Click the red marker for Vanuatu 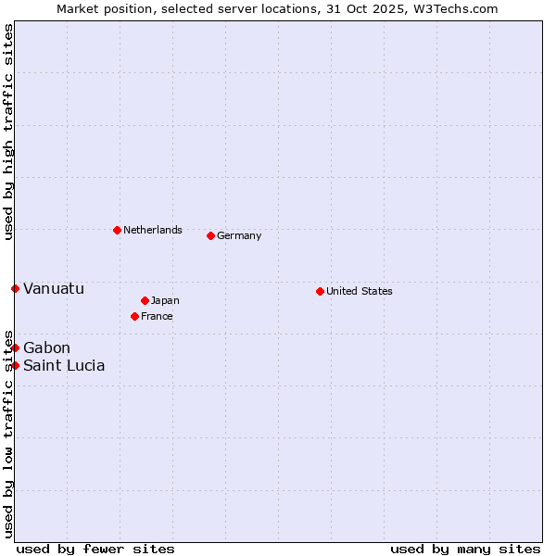coord(15,288)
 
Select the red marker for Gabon coord(15,347)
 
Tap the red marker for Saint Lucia coord(15,365)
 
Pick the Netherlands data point coord(117,230)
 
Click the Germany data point coord(210,235)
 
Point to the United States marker coord(320,291)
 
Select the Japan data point coord(145,300)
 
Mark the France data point coord(134,316)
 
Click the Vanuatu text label coord(54,288)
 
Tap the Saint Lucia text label coord(64,365)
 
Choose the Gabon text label coord(46,347)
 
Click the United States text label coord(360,291)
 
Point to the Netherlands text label coord(153,230)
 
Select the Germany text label coord(239,235)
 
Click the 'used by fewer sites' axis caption coord(95,549)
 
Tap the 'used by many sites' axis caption coord(465,549)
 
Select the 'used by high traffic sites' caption coord(8,132)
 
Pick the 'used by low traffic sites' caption coord(8,433)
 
